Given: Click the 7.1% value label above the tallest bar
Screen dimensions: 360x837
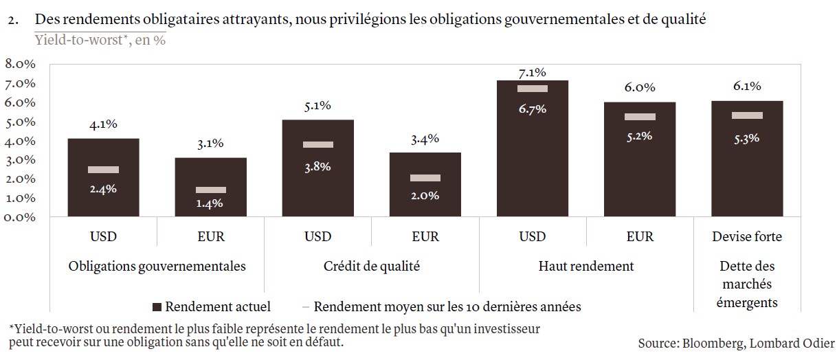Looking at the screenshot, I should point(533,72).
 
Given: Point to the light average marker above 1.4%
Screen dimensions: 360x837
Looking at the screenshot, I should point(211,190).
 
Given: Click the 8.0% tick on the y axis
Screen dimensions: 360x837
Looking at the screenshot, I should point(20,64).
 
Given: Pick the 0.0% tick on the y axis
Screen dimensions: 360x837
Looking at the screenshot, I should point(20,217).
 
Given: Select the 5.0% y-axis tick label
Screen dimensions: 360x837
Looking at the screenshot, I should point(20,122).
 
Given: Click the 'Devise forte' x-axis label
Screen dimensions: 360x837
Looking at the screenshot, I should point(746,237).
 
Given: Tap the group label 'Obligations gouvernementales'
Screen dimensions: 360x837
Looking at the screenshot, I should point(157,267).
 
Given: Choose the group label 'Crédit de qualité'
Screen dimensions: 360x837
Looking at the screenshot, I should point(371,267).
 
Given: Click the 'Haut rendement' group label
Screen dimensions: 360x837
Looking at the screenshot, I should point(586,267).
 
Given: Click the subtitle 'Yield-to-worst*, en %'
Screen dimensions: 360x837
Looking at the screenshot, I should point(100,40).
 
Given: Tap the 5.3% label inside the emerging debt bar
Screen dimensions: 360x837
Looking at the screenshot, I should point(746,137).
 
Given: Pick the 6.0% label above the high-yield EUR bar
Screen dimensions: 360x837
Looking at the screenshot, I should point(640,87).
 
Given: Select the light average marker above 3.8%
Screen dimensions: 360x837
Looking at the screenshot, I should point(318,144).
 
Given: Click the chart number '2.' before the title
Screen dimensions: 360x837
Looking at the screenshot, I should point(12,21).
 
